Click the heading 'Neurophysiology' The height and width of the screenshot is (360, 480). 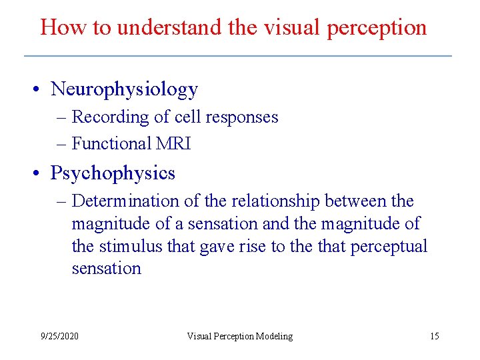(x=125, y=89)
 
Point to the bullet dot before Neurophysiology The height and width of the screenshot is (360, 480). (x=41, y=90)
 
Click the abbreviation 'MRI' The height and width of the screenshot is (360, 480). (x=174, y=143)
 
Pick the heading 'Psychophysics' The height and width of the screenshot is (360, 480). (x=113, y=173)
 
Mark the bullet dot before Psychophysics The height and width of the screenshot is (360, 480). (x=41, y=174)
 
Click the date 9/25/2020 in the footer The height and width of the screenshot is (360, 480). (x=59, y=336)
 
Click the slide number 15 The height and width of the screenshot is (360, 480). (x=434, y=336)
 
